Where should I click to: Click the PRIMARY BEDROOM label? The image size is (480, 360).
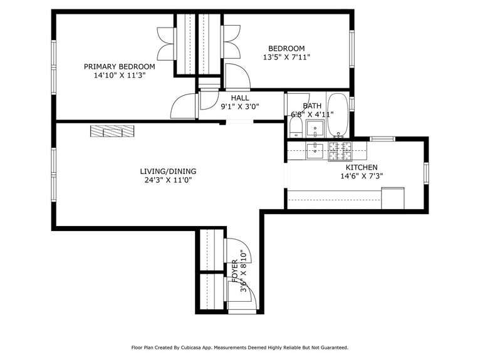[120, 66]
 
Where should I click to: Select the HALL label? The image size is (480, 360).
[239, 98]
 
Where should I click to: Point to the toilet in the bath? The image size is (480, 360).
[295, 128]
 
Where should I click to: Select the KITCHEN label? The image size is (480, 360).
[362, 167]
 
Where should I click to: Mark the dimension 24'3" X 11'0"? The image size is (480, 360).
[167, 180]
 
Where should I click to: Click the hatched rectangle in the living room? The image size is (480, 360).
[112, 131]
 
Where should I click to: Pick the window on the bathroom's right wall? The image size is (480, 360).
[352, 103]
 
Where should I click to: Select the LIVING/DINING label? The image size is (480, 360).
[168, 171]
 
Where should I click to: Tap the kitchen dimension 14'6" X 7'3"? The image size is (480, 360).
[362, 177]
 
